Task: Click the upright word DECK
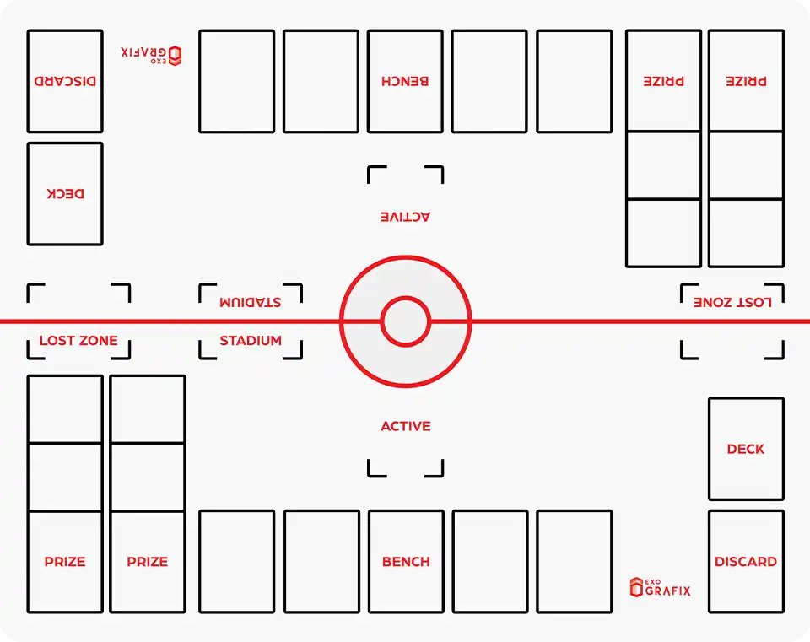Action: (x=746, y=450)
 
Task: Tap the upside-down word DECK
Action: (x=65, y=193)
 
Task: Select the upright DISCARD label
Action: (x=746, y=562)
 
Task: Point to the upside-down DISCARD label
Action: (x=65, y=82)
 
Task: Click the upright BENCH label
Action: (x=406, y=562)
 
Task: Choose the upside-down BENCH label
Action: (x=405, y=81)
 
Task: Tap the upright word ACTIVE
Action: (x=406, y=427)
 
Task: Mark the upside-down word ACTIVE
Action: (x=405, y=217)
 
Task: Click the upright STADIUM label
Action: (x=251, y=341)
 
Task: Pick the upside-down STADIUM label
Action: (x=251, y=302)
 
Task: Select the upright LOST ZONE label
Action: (x=78, y=341)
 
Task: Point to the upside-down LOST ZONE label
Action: (x=732, y=302)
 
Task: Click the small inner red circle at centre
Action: (x=406, y=321)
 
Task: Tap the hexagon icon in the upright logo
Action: (x=636, y=587)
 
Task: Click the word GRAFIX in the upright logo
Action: (x=667, y=591)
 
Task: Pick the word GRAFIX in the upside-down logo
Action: (x=144, y=51)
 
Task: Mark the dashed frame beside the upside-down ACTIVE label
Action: (x=406, y=175)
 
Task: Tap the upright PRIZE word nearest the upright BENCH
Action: (x=148, y=562)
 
